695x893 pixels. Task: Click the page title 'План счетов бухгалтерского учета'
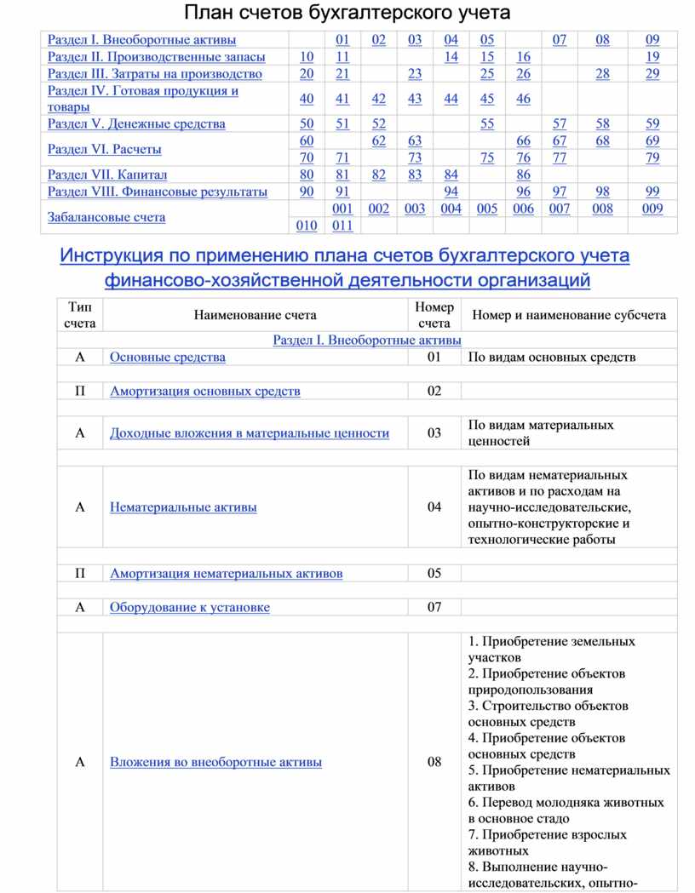click(347, 13)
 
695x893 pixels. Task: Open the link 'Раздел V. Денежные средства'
click(136, 123)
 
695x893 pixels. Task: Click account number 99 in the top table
click(652, 192)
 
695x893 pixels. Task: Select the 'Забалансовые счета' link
click(106, 217)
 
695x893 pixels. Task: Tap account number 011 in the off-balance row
click(342, 226)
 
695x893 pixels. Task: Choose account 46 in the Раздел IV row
click(523, 99)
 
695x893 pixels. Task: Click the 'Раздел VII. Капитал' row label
click(107, 175)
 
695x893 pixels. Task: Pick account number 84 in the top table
click(451, 175)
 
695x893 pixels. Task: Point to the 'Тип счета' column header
click(80, 315)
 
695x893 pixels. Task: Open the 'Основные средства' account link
click(168, 357)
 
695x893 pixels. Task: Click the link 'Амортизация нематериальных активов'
click(227, 573)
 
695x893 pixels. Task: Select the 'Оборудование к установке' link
click(190, 607)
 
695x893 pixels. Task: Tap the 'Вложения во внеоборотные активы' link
click(215, 762)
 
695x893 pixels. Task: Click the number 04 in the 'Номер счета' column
click(434, 507)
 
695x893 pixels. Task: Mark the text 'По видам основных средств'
click(552, 357)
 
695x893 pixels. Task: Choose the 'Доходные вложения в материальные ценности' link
click(250, 433)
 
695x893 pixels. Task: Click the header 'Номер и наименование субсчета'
click(569, 315)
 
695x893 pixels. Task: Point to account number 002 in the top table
click(379, 209)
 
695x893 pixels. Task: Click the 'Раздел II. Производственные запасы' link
click(156, 56)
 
